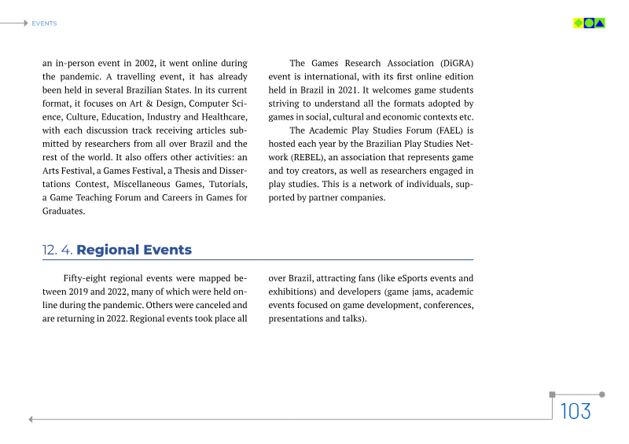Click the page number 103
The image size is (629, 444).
576,411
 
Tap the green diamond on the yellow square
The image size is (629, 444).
579,23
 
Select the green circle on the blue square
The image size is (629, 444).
589,23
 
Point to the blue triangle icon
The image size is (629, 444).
600,23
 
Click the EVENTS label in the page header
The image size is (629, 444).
44,24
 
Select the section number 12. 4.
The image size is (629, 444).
57,251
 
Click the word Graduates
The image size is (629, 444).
64,211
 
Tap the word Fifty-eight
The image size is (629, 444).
84,278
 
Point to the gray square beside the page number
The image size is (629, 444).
552,394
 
